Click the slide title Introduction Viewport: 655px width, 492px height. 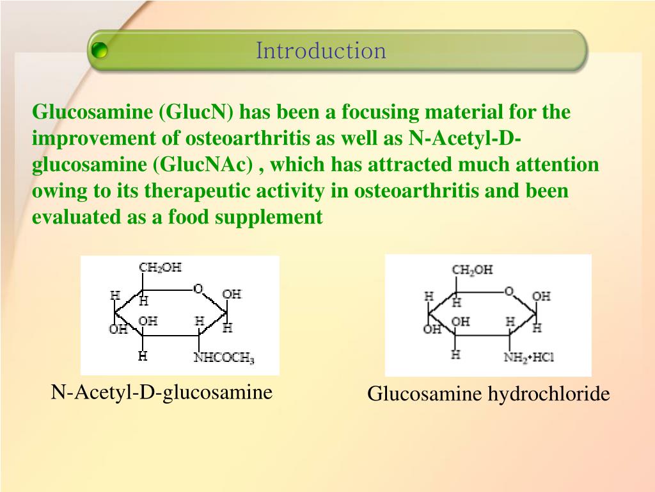click(321, 51)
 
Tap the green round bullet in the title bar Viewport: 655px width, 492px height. click(99, 51)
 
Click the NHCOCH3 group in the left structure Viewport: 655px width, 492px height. click(224, 359)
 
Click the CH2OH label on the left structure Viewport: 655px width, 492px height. click(160, 268)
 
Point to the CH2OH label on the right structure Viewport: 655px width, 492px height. click(472, 270)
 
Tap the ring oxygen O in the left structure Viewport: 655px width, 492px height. click(198, 289)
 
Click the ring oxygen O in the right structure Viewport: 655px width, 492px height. click(509, 291)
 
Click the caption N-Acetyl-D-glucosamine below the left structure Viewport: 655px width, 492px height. click(162, 391)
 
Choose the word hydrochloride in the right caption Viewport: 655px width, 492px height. click(549, 394)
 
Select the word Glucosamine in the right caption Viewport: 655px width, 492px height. click(425, 394)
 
